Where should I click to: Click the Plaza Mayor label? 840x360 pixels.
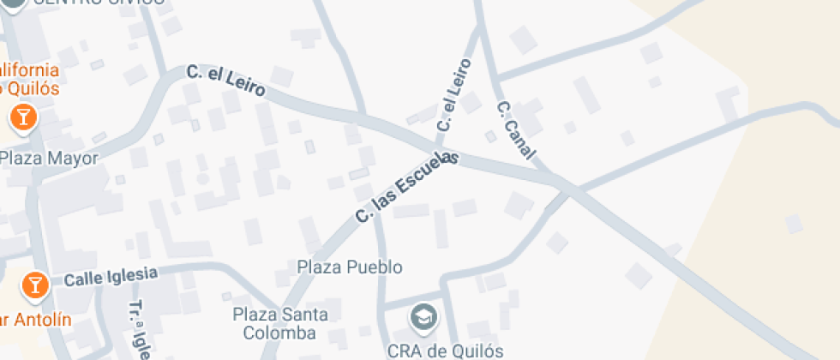pos(49,158)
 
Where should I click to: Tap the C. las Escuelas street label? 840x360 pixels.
pos(407,189)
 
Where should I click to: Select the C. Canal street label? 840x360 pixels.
pos(516,130)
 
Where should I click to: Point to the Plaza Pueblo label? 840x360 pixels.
pos(350,267)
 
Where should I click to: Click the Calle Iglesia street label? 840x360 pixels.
pos(111,276)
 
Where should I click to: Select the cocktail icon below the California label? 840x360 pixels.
pos(22,117)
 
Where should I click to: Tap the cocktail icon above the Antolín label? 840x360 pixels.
pos(34,284)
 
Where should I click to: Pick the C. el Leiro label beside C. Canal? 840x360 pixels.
pos(455,94)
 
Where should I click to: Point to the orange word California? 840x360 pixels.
pos(30,69)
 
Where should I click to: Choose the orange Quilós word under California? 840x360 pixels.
pos(34,88)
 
